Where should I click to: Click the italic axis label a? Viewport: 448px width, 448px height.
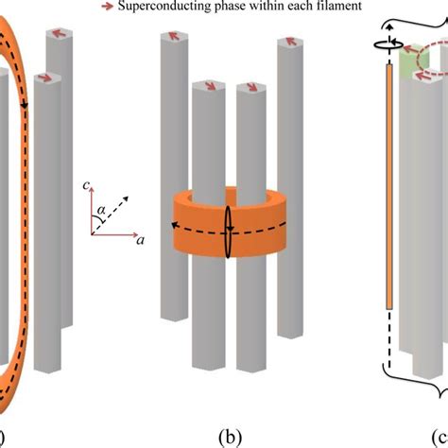click(x=140, y=242)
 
